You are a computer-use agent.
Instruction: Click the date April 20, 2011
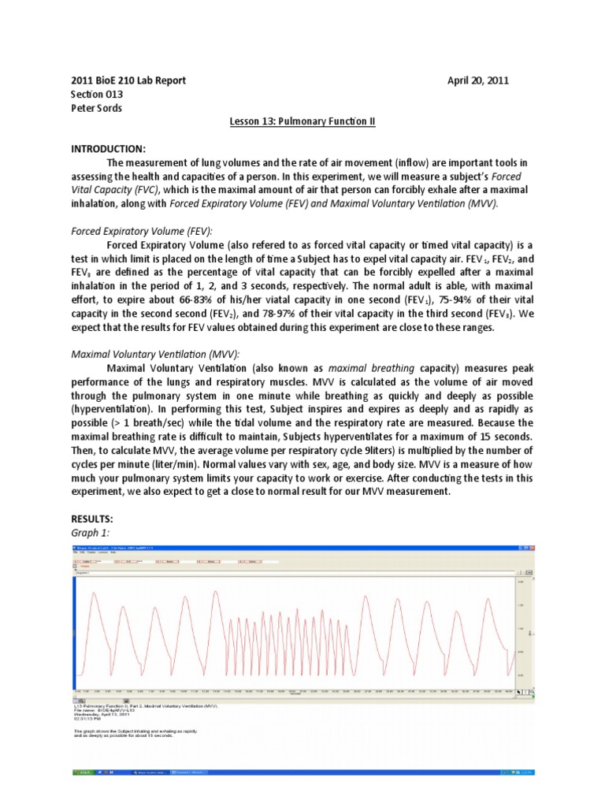[483, 81]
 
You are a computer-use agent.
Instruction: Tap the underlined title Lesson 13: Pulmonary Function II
[302, 121]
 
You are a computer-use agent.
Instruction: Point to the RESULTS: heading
[92, 519]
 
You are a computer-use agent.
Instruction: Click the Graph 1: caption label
[88, 533]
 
